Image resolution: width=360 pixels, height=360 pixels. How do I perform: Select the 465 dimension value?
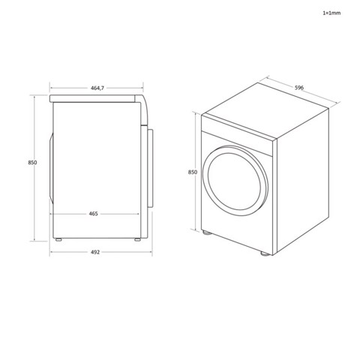click(94, 214)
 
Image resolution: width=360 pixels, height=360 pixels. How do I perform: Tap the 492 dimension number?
click(95, 252)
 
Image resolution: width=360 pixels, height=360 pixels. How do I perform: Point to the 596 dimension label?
click(298, 88)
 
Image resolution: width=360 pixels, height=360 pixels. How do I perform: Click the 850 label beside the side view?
click(31, 163)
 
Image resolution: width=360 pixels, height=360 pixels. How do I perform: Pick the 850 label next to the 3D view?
click(192, 172)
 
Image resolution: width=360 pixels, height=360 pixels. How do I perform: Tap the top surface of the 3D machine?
click(266, 112)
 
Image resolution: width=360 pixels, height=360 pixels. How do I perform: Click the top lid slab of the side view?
click(96, 98)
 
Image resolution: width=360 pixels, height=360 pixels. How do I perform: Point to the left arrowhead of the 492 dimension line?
click(52, 252)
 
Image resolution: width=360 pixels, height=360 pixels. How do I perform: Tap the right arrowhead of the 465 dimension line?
click(138, 214)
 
